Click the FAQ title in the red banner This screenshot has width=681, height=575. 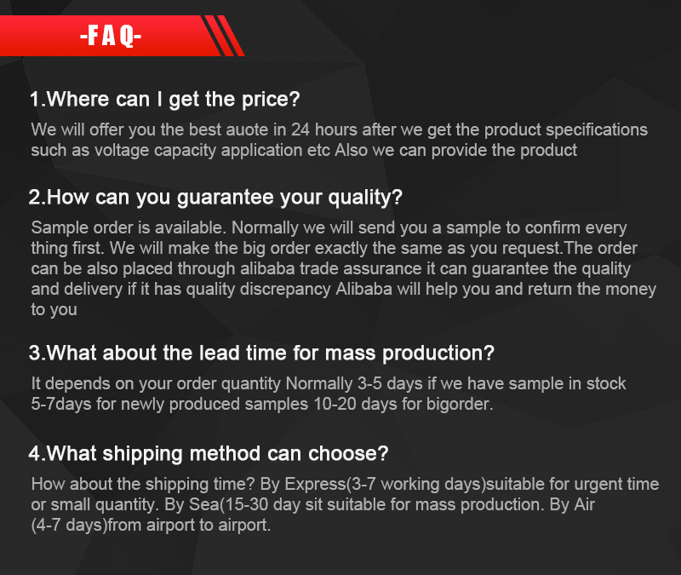click(x=111, y=36)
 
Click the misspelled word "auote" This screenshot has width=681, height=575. click(x=247, y=129)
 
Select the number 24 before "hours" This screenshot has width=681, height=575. click(x=300, y=129)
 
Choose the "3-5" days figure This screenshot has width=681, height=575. click(x=369, y=383)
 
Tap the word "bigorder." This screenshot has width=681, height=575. click(x=460, y=405)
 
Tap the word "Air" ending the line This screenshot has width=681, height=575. click(x=584, y=504)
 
